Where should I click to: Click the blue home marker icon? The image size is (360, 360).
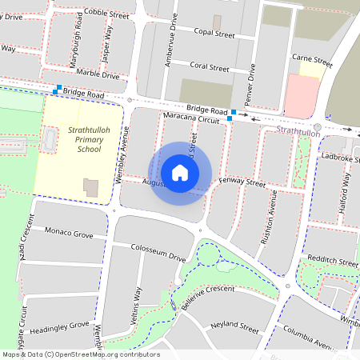pos(180,173)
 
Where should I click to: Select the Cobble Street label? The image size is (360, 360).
pos(106,14)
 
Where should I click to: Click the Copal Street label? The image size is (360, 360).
pos(214,34)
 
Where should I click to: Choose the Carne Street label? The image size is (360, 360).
pos(312,60)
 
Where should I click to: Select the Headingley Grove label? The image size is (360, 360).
pos(59,326)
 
